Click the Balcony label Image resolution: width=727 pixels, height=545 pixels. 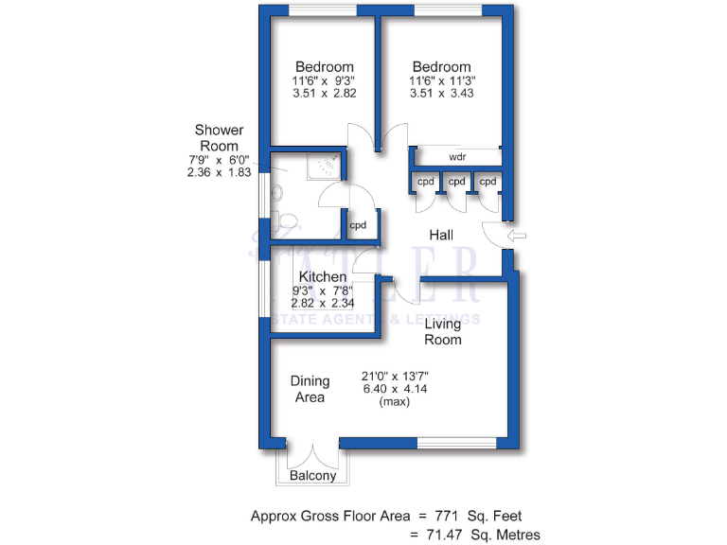click(x=312, y=476)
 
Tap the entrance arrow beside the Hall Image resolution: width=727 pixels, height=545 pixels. click(x=517, y=235)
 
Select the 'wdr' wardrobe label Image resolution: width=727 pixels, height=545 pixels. click(x=457, y=156)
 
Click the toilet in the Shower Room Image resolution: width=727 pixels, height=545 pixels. click(x=287, y=223)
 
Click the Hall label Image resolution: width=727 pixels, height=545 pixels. click(x=441, y=235)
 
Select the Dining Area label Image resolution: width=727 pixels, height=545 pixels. click(x=310, y=389)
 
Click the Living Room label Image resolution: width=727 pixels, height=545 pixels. click(x=442, y=331)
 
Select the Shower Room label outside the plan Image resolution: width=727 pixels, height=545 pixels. click(x=219, y=137)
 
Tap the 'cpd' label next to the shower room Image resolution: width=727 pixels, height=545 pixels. click(x=358, y=225)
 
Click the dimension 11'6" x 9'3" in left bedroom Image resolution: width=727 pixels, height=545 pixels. click(x=325, y=80)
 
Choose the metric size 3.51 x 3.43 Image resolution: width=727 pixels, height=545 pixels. click(x=441, y=94)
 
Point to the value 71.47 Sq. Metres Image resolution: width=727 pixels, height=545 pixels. click(x=479, y=535)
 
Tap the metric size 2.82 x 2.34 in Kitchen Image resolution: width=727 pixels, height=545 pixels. click(x=323, y=304)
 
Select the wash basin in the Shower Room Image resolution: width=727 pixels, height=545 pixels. click(x=276, y=192)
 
